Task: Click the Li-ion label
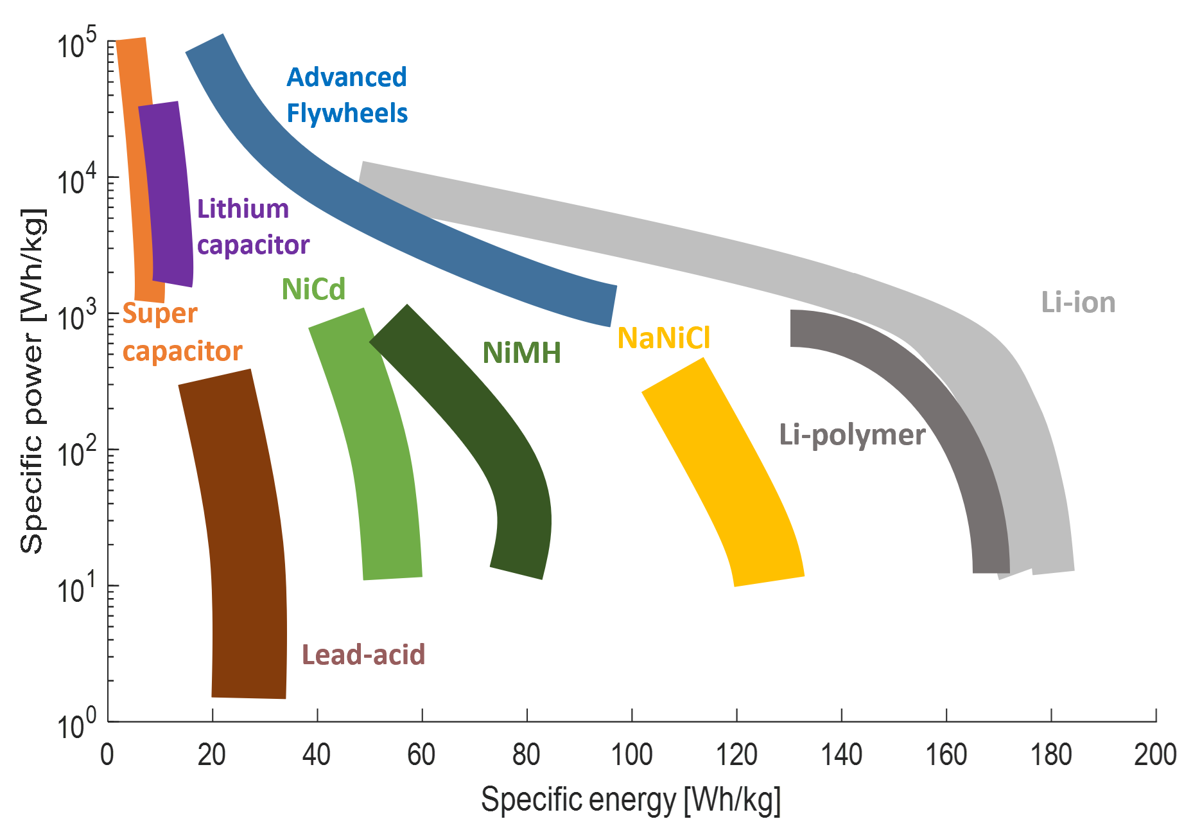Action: (x=1078, y=303)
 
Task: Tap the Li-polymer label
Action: (x=851, y=436)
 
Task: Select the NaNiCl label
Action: (x=663, y=338)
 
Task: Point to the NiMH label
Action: (x=521, y=353)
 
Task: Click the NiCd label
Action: (x=313, y=289)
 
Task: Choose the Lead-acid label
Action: (x=363, y=655)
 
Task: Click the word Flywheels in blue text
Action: (x=347, y=114)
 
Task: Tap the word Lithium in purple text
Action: (x=243, y=209)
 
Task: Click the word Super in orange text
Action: (x=160, y=313)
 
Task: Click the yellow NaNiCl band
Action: (x=726, y=469)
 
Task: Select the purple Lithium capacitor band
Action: (x=167, y=193)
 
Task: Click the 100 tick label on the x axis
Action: (x=631, y=755)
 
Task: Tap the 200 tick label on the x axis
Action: (x=1154, y=755)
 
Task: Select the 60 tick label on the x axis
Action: (x=421, y=755)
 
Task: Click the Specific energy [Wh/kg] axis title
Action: (x=631, y=800)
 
